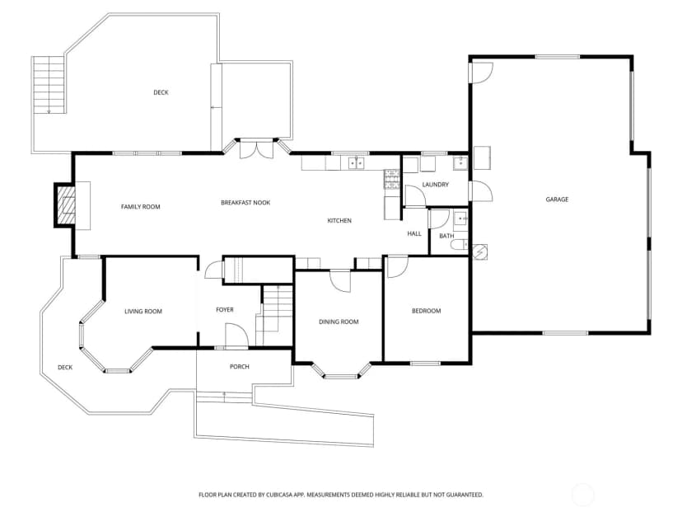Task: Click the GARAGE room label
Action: coord(557,200)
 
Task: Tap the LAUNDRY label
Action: coord(436,185)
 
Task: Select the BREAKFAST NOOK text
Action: coord(245,203)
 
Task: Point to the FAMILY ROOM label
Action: coord(141,207)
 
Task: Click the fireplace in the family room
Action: coord(65,205)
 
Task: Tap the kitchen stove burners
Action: coord(391,179)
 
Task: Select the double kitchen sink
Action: coord(356,162)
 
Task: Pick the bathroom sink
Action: coord(460,217)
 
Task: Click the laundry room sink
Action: coord(460,162)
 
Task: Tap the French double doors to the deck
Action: coord(257,149)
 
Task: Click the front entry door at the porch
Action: coord(236,336)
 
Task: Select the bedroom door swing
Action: coord(397,267)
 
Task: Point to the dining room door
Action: coord(339,281)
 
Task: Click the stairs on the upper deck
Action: coord(49,85)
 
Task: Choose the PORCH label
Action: coord(239,367)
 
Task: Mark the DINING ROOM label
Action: coord(339,322)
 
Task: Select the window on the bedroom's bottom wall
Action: coord(425,363)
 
